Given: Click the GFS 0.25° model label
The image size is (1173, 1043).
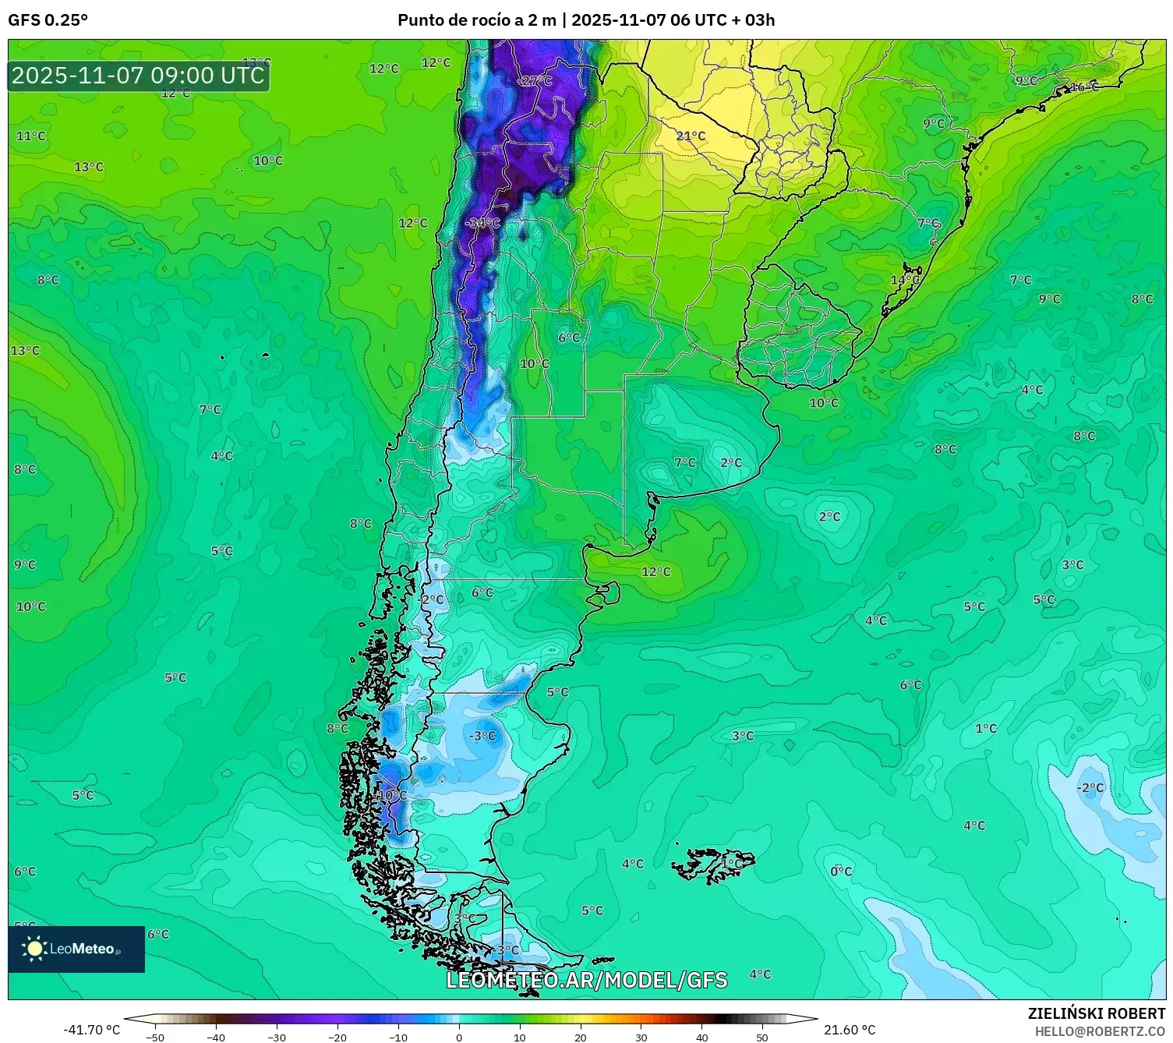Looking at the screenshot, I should pos(48,20).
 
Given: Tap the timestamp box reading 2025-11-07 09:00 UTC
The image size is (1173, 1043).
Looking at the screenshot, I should pos(139,76).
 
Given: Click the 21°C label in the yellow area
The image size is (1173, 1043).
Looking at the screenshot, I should pos(691,136).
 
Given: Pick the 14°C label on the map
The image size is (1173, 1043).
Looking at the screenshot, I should pos(905,280).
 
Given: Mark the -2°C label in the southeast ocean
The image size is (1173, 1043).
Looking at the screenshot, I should pos(1090,788).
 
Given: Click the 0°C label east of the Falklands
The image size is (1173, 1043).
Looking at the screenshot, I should pos(841,872).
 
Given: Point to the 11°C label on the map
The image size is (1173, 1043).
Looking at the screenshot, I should pos(31,136).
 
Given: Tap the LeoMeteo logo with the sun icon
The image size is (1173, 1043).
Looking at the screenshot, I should pos(76,949).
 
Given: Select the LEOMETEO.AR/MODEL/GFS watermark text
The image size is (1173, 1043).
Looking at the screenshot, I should pos(586,980).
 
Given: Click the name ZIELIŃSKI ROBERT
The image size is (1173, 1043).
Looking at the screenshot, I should pos(1096,1013).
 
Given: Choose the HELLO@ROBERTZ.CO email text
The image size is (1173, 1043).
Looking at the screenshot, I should pos(1100,1031).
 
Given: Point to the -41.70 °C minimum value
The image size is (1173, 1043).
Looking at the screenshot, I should pos(91,1030).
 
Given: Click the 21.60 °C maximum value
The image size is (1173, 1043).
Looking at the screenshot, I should pos(850,1030).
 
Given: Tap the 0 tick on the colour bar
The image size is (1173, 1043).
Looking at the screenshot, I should pos(459,1037).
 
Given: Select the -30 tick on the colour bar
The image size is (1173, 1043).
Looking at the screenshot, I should pos(277,1037).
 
